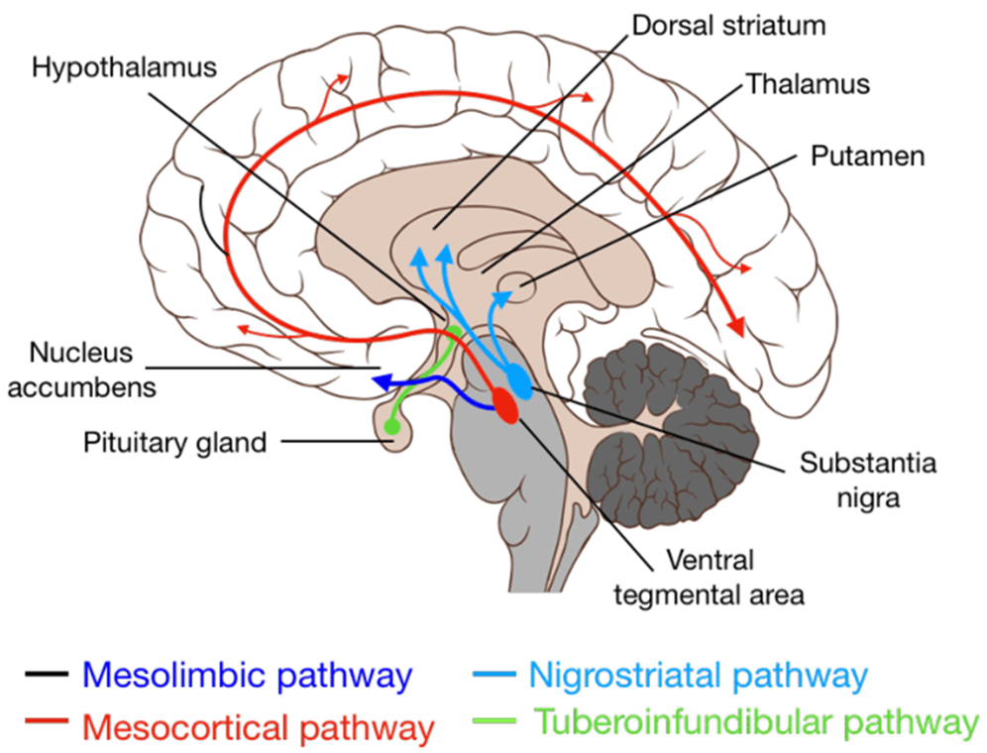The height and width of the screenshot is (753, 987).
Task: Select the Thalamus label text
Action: pos(808,84)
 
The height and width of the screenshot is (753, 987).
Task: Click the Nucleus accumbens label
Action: pos(93,370)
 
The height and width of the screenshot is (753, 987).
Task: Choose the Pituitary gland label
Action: pos(175,442)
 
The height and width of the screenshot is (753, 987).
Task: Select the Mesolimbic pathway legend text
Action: pos(246,677)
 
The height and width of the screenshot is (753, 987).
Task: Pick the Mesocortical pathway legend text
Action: pos(259,728)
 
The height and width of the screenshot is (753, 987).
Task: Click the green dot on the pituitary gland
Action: pos(391,427)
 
